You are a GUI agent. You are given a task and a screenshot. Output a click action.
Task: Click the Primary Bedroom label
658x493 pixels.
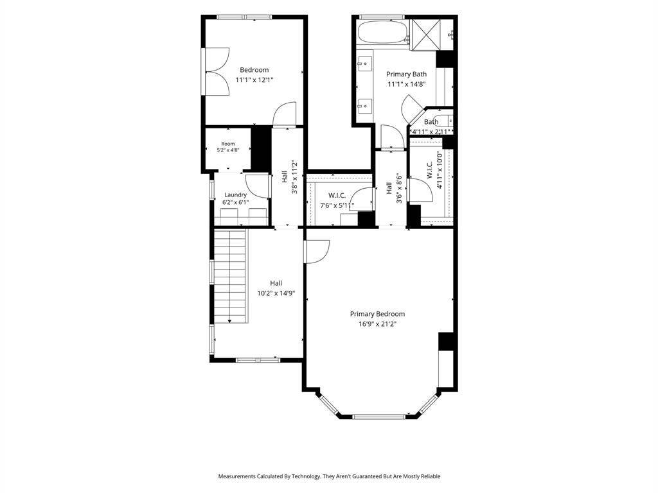pyautogui.click(x=377, y=314)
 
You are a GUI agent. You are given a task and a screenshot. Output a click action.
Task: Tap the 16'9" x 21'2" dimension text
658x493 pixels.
pyautogui.click(x=377, y=324)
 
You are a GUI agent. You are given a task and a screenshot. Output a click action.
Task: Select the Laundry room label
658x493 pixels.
pyautogui.click(x=235, y=195)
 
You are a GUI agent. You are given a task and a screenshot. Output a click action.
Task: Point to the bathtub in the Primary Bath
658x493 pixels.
pyautogui.click(x=382, y=32)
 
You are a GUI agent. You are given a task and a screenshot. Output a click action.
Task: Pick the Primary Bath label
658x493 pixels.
pyautogui.click(x=406, y=74)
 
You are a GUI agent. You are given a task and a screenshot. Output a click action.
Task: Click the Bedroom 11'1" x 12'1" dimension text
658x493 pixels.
pyautogui.click(x=254, y=80)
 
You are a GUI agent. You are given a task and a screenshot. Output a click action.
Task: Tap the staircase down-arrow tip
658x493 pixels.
pyautogui.click(x=230, y=322)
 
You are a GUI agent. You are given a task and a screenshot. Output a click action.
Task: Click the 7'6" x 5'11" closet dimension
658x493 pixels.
pyautogui.click(x=337, y=205)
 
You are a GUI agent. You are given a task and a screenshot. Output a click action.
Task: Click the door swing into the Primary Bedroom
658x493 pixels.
pyautogui.click(x=317, y=252)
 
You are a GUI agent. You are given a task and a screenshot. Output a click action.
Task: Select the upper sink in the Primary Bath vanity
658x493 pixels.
pyautogui.click(x=365, y=64)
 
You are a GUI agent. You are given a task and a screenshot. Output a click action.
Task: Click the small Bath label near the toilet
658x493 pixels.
pyautogui.click(x=431, y=122)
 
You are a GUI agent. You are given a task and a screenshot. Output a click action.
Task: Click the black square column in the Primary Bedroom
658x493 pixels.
pyautogui.click(x=446, y=342)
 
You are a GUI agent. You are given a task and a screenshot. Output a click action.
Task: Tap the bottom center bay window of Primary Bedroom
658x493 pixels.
pyautogui.click(x=379, y=416)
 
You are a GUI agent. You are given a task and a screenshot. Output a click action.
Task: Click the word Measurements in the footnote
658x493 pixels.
pyautogui.click(x=236, y=476)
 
